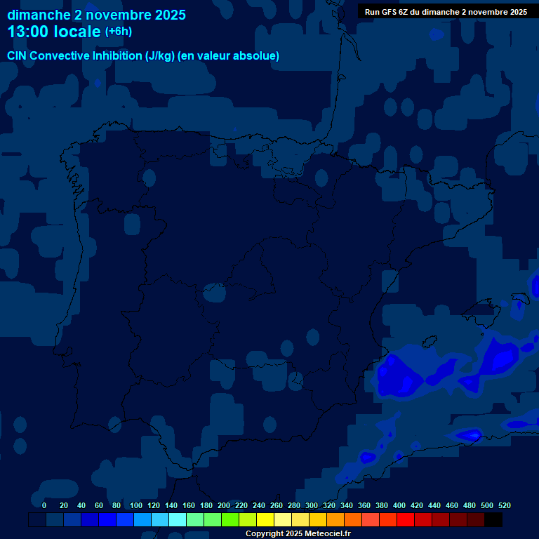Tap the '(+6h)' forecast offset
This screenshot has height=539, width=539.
118,32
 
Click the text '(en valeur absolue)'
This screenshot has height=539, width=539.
229,56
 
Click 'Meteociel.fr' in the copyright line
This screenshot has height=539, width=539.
327,534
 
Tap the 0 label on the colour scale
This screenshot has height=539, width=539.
44,505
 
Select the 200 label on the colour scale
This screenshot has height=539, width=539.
224,505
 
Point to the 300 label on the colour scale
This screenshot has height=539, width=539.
312,505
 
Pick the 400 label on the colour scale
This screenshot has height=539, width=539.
399,505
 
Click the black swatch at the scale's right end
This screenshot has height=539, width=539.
493,519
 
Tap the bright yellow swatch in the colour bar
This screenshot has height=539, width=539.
265,519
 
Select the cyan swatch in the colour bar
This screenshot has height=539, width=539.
178,519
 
